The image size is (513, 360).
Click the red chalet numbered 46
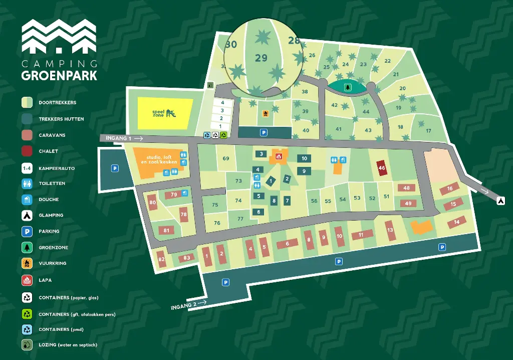point(382,168)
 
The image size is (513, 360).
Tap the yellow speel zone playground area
point(165,113)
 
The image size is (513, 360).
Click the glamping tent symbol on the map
point(500,201)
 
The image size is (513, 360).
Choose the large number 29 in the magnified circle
point(261,58)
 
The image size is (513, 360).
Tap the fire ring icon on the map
point(266,113)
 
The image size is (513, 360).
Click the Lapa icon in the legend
point(27,280)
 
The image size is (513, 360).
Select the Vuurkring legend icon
point(27,263)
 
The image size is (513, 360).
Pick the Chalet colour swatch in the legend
point(27,151)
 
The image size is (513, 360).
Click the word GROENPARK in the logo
point(59,75)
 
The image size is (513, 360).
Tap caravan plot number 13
point(391,230)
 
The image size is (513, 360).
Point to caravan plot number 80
point(153,203)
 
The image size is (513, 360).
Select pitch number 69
point(226,159)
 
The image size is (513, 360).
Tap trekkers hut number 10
point(304,158)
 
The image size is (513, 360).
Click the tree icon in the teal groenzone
point(347,87)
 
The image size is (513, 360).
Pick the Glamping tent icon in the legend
point(27,215)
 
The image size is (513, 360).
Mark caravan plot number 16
point(449,189)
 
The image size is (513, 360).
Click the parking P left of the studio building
point(115,168)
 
